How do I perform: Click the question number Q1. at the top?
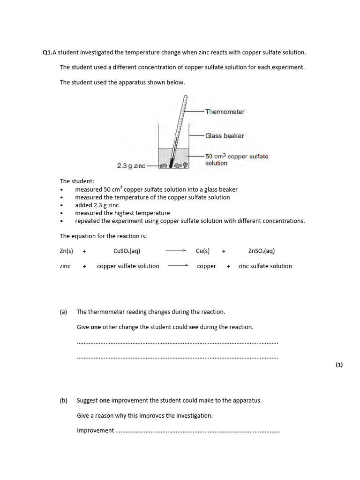tap(47, 53)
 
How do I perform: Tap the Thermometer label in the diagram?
tap(225, 112)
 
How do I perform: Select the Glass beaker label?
tap(225, 136)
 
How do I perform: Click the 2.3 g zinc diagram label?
tap(131, 166)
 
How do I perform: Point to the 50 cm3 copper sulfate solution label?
tap(237, 160)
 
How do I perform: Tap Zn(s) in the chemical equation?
tap(66, 251)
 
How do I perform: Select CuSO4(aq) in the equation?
tap(127, 251)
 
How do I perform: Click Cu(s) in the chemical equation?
tap(202, 251)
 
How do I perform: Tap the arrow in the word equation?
tap(178, 266)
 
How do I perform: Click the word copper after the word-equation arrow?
tap(206, 266)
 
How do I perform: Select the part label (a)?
tap(63, 312)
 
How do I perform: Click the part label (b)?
tap(63, 401)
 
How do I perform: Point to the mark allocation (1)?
tap(339, 365)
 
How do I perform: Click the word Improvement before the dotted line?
tap(95, 430)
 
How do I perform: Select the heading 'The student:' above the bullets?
tap(77, 181)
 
